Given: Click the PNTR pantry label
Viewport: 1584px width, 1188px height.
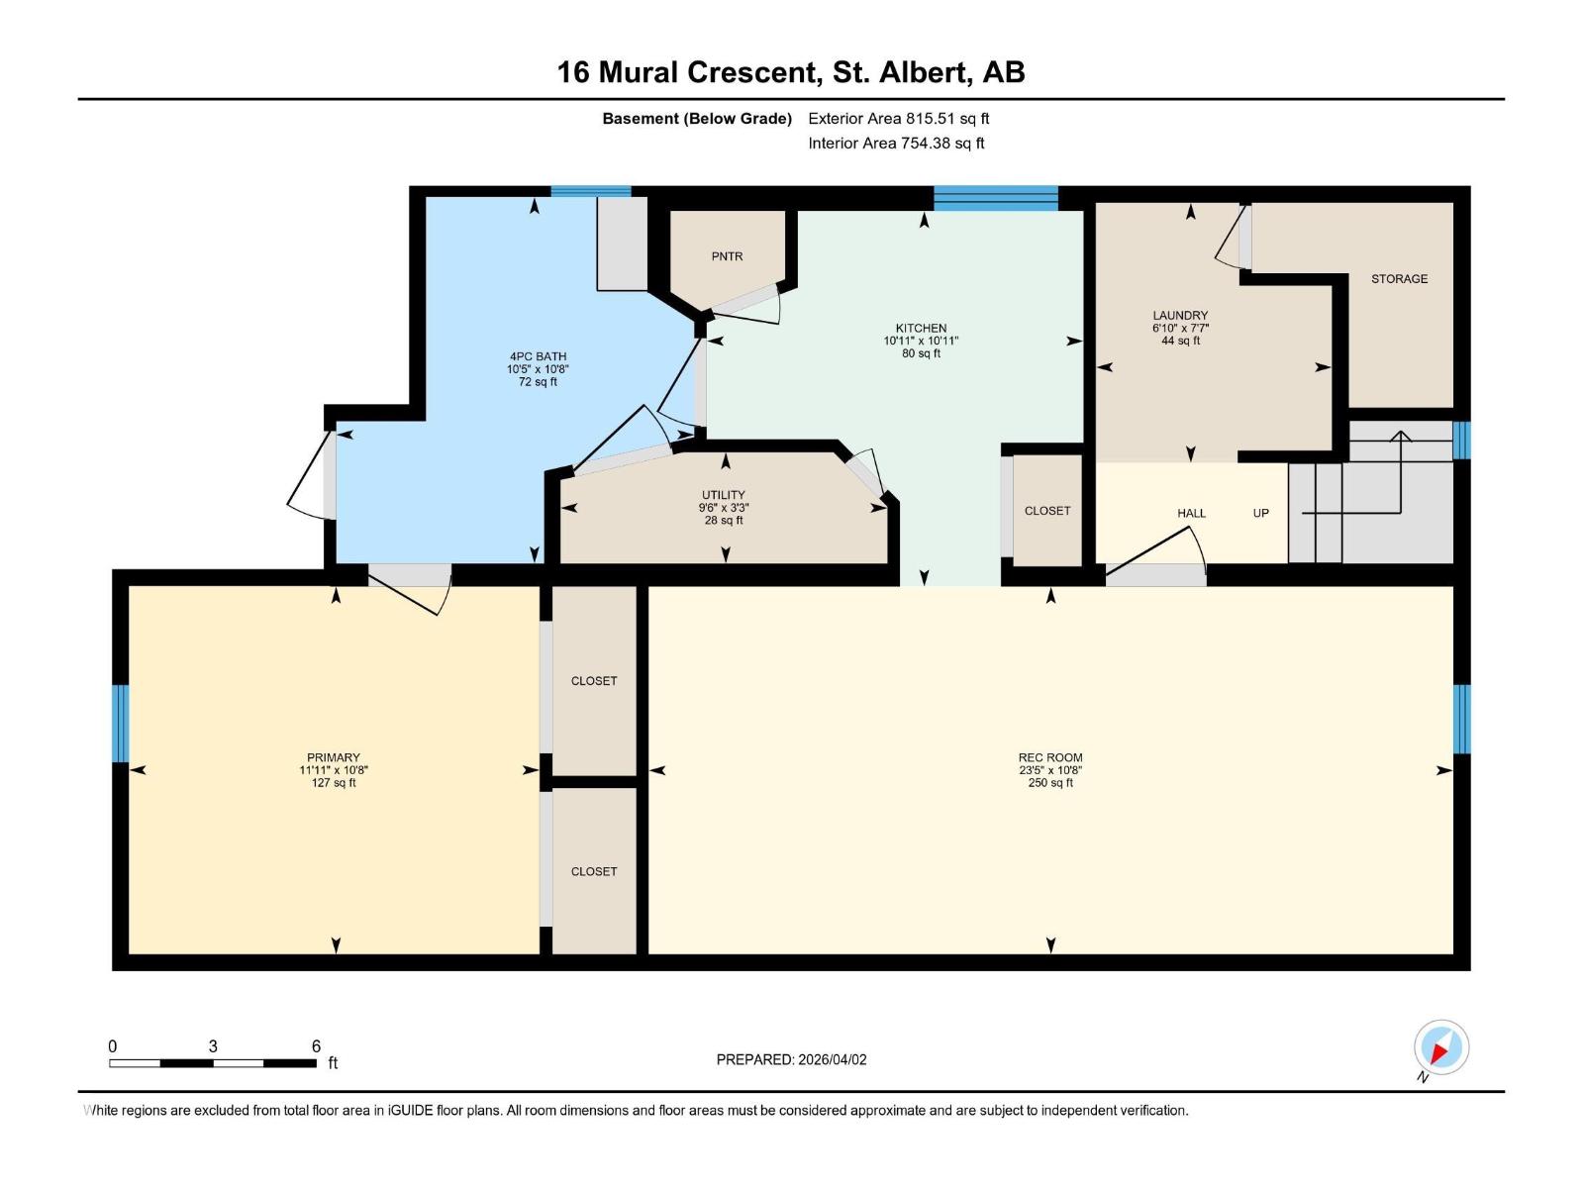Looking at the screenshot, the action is point(727,256).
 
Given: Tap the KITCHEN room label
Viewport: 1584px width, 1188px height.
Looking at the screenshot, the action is point(921,329).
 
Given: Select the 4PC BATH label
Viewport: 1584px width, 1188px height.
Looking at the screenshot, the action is point(538,356).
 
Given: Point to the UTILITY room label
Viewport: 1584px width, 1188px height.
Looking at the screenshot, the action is point(723,495).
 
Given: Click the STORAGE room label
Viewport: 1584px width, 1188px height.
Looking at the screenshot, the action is point(1399,279).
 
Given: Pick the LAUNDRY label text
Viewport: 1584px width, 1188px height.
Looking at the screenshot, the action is point(1180,315).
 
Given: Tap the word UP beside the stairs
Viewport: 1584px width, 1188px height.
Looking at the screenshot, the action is point(1260,513).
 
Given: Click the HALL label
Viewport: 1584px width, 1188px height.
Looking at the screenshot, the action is point(1191,513).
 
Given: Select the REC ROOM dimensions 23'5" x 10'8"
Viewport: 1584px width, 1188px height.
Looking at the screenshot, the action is point(1050,770).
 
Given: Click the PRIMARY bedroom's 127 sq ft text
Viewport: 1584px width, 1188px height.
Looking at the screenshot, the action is point(334,783).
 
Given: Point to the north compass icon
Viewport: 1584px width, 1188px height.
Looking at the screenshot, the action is point(1441,1047).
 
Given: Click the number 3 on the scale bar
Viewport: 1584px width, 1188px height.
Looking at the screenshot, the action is point(213,1045).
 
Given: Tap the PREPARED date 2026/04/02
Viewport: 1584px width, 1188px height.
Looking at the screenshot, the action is point(832,1059).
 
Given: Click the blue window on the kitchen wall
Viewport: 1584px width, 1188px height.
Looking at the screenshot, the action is point(996,198).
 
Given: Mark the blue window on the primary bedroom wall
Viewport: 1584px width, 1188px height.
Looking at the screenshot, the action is point(121,724).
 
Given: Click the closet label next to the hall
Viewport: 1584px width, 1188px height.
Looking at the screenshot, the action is point(1047,511).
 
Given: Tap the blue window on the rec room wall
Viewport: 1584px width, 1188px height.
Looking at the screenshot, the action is point(1461,719).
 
